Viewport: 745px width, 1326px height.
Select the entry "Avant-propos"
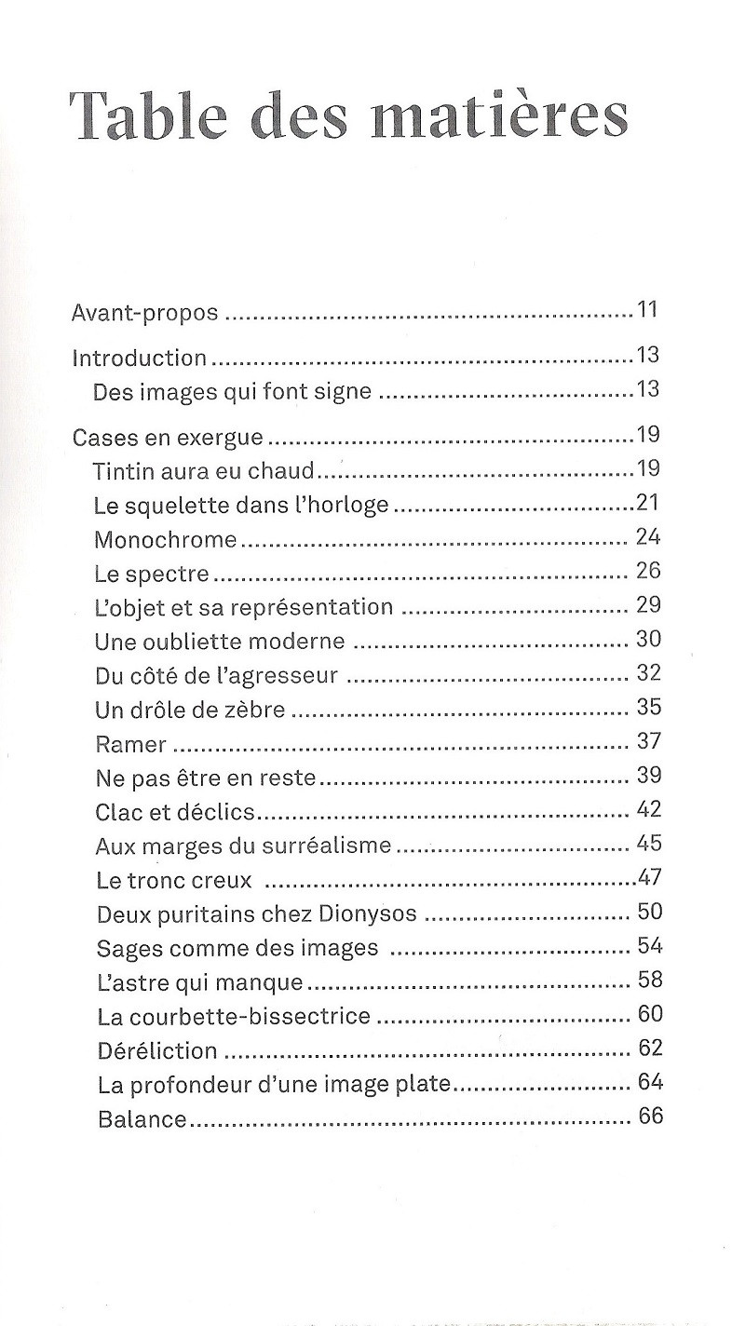coord(145,313)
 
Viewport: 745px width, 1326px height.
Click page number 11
coord(648,309)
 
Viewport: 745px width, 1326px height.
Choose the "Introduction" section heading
coord(140,359)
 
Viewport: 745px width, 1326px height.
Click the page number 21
coord(648,503)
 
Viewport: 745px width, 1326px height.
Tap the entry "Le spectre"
coord(152,574)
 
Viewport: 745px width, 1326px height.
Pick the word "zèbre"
coord(253,710)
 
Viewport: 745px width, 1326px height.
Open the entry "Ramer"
coord(131,745)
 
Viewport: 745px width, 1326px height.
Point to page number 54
coord(650,945)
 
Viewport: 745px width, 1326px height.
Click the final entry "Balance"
coord(142,1119)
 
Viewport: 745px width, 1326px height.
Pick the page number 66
coord(651,1116)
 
